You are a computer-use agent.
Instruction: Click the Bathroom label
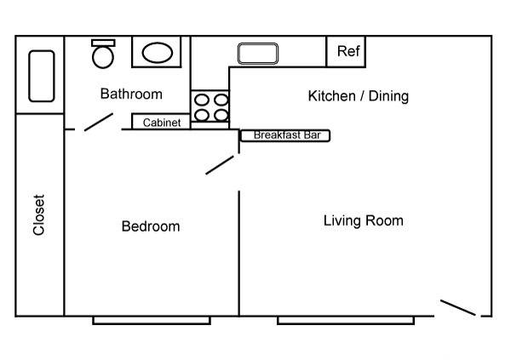(131, 94)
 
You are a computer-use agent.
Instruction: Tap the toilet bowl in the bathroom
(103, 57)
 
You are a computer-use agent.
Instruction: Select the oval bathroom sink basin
(158, 53)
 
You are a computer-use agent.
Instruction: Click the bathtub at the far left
(42, 76)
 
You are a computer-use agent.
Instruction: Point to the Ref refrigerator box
(346, 51)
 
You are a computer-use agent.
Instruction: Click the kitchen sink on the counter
(258, 54)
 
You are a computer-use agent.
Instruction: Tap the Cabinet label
(162, 123)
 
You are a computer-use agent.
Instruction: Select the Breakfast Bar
(285, 135)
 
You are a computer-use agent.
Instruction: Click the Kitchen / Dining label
(359, 96)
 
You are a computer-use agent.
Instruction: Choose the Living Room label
(364, 220)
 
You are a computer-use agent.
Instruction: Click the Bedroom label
(151, 226)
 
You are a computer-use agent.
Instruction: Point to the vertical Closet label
(39, 215)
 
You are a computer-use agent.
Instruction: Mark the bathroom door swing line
(99, 123)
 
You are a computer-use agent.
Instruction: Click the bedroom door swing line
(220, 165)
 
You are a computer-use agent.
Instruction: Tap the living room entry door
(458, 307)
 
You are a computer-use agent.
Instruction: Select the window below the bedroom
(152, 321)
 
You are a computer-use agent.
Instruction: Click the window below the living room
(346, 321)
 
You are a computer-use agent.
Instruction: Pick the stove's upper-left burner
(202, 100)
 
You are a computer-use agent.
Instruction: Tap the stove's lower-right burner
(221, 115)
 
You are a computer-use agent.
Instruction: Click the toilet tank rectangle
(103, 43)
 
